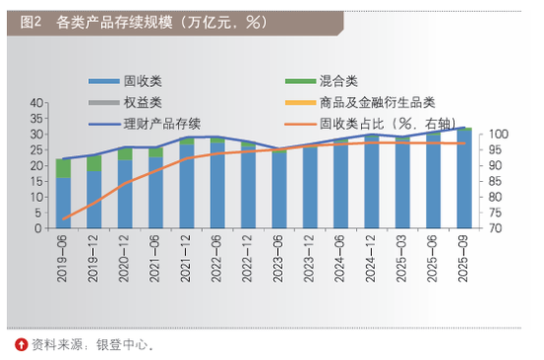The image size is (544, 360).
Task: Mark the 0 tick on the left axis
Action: [40, 228]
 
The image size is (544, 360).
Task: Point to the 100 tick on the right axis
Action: [494, 135]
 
